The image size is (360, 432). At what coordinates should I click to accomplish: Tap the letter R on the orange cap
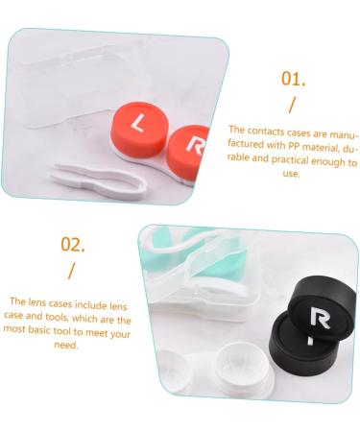195,146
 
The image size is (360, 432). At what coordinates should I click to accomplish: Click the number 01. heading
292,79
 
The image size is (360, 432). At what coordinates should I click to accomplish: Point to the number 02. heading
72,243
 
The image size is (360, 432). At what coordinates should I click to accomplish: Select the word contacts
262,129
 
